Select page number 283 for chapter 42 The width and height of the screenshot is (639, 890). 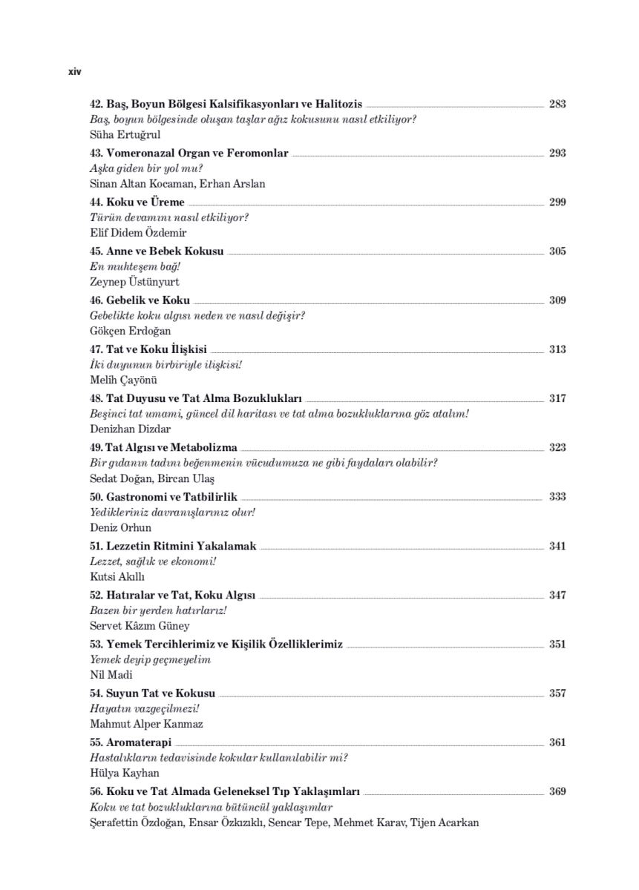(x=557, y=104)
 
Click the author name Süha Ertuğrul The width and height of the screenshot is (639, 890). (x=125, y=135)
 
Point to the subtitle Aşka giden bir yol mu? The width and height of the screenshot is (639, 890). (x=136, y=168)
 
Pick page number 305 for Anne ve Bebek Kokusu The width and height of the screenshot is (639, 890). (x=557, y=251)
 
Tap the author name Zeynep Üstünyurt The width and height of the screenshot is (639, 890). (x=134, y=282)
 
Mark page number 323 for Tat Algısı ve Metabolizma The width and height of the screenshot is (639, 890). (x=557, y=447)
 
